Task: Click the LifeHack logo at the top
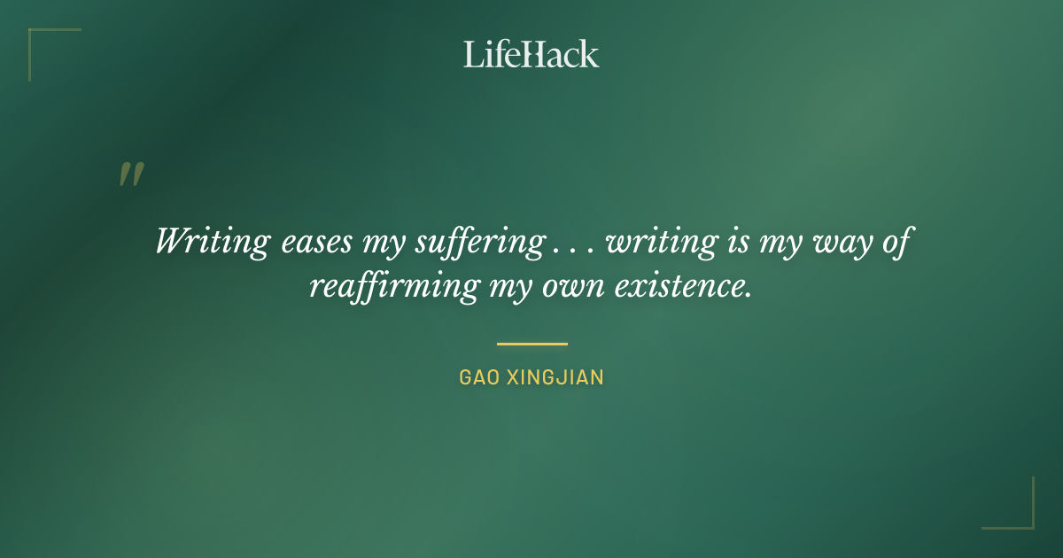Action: [x=531, y=54]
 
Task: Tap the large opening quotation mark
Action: [x=131, y=174]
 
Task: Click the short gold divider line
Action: [x=531, y=344]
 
